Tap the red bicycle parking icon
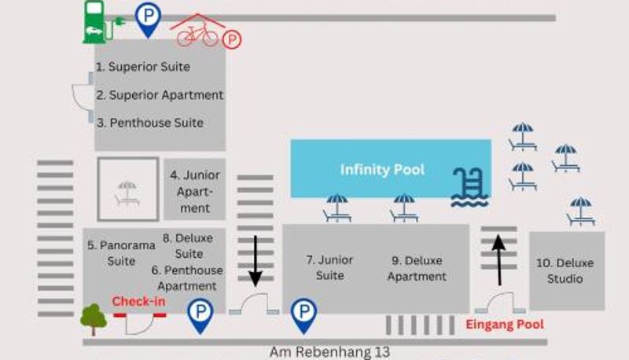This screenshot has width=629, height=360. [x=203, y=33]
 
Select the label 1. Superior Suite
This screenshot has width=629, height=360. [x=143, y=67]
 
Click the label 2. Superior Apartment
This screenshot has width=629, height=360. [x=160, y=95]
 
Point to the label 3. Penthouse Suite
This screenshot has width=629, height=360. [x=149, y=123]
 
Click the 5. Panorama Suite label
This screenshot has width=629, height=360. [x=121, y=252]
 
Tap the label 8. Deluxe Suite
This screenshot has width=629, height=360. [x=188, y=245]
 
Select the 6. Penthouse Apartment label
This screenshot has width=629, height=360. [x=187, y=277]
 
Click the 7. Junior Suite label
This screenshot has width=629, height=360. [x=330, y=267]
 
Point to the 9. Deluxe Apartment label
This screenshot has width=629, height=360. [x=417, y=268]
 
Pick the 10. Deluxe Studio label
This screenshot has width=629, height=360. [x=566, y=270]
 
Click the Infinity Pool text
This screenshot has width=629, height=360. [x=382, y=170]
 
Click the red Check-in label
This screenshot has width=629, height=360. [x=138, y=301]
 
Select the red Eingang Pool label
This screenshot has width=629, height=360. [x=505, y=324]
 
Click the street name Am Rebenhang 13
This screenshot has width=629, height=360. [x=329, y=351]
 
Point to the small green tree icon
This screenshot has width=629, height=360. [x=94, y=318]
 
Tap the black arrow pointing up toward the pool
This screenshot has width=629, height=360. [x=498, y=259]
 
